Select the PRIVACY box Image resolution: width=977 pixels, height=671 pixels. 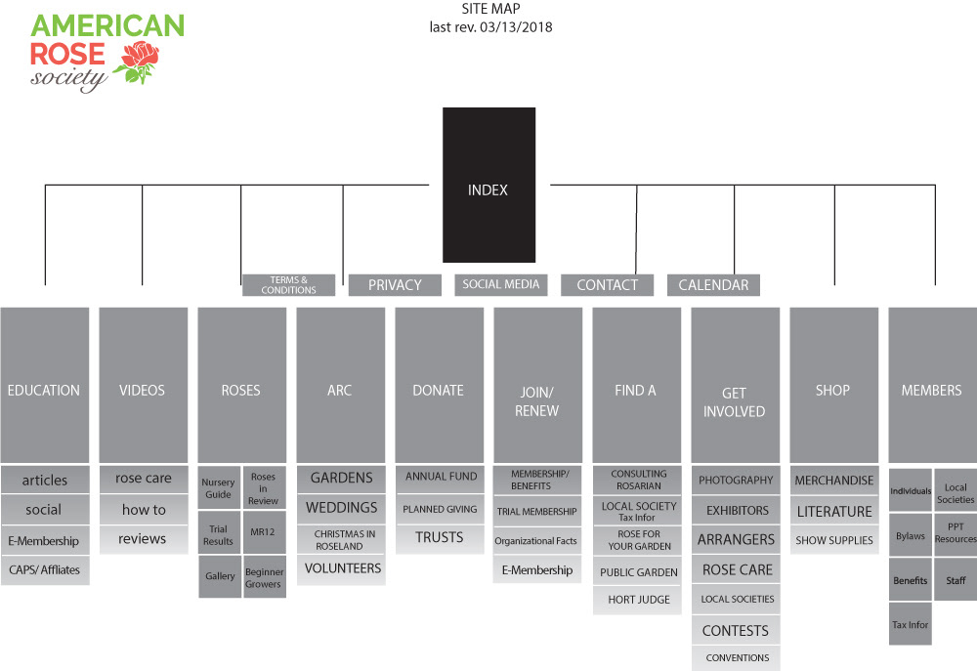click(395, 284)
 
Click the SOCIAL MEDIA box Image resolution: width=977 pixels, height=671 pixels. click(501, 284)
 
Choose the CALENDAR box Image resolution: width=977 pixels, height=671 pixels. click(713, 284)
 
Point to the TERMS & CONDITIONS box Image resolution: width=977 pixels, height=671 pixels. click(288, 284)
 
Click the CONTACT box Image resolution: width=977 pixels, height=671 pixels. click(607, 284)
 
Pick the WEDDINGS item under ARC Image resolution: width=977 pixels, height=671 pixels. click(341, 508)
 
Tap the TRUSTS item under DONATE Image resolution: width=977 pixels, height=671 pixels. click(439, 537)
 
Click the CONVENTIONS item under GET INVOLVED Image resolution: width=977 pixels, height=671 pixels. click(737, 657)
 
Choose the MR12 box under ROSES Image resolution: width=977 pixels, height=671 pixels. click(264, 532)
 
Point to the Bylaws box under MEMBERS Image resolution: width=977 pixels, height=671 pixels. click(910, 536)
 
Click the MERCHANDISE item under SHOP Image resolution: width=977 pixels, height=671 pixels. click(833, 481)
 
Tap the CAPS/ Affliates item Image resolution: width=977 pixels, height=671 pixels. click(45, 569)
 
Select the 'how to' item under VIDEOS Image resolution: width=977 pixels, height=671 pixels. click(144, 509)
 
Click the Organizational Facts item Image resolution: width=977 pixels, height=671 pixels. click(536, 540)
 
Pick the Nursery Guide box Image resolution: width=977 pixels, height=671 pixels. click(218, 487)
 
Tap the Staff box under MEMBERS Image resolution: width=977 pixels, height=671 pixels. click(956, 580)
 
